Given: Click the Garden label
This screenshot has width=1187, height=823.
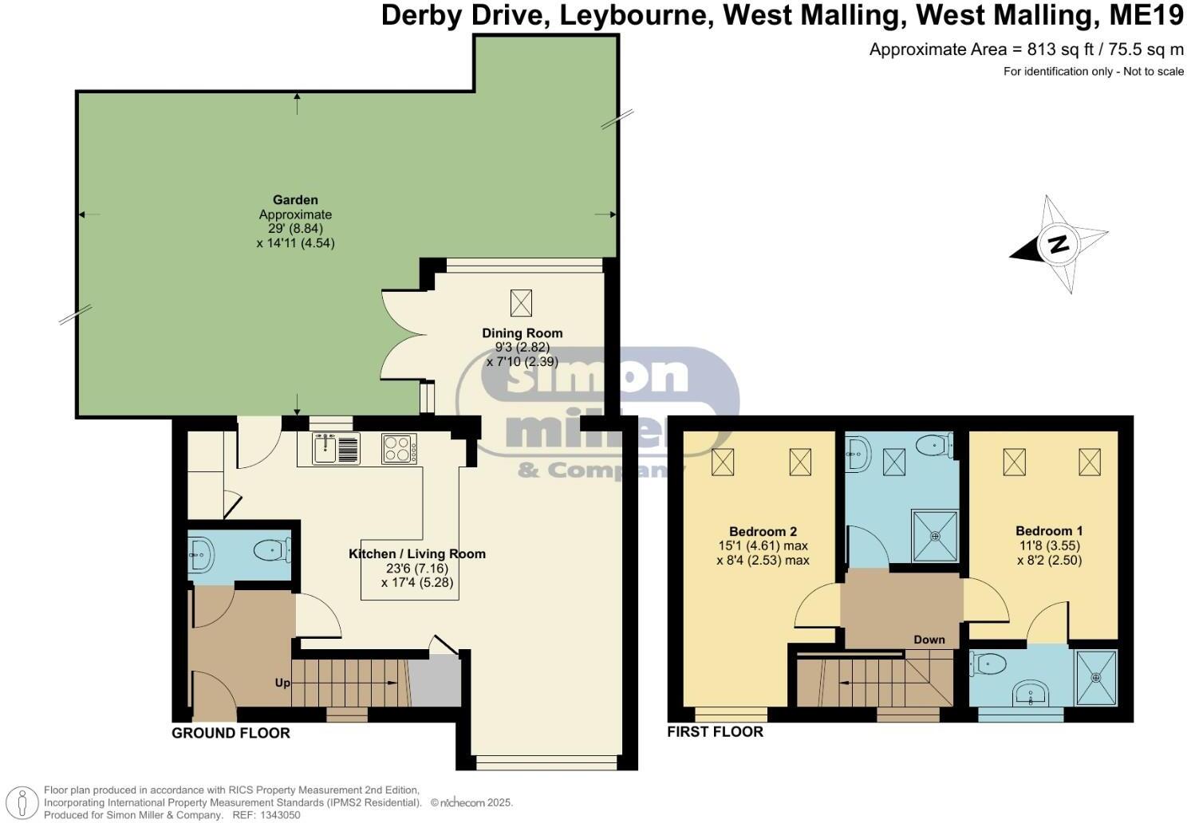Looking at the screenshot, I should tap(295, 200).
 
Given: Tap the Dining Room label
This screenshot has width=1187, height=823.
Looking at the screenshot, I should tap(522, 333).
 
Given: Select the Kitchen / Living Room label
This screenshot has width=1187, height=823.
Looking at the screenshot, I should tap(417, 554).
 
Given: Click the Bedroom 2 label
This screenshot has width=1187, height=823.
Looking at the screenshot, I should tap(763, 532).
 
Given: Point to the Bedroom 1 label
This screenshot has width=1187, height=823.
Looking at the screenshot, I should tap(1049, 531).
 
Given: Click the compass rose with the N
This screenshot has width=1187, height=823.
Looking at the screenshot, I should tap(1059, 244).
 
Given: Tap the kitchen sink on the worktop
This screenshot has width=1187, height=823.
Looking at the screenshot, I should tap(325, 448).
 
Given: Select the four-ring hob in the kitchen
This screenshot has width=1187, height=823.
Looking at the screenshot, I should tap(399, 448).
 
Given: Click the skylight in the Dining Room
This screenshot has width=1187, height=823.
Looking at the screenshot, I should tap(521, 302).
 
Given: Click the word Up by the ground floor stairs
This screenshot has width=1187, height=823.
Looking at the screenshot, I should tap(282, 683).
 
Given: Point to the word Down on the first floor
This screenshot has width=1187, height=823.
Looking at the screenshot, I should tap(929, 640).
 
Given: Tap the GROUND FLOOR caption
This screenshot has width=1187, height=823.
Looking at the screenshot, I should tap(231, 733).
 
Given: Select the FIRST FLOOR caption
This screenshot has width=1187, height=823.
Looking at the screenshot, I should tap(715, 731).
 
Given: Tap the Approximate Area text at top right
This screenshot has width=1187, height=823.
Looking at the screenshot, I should tap(1026, 49).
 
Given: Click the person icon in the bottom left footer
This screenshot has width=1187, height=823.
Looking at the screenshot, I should tap(25, 801).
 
